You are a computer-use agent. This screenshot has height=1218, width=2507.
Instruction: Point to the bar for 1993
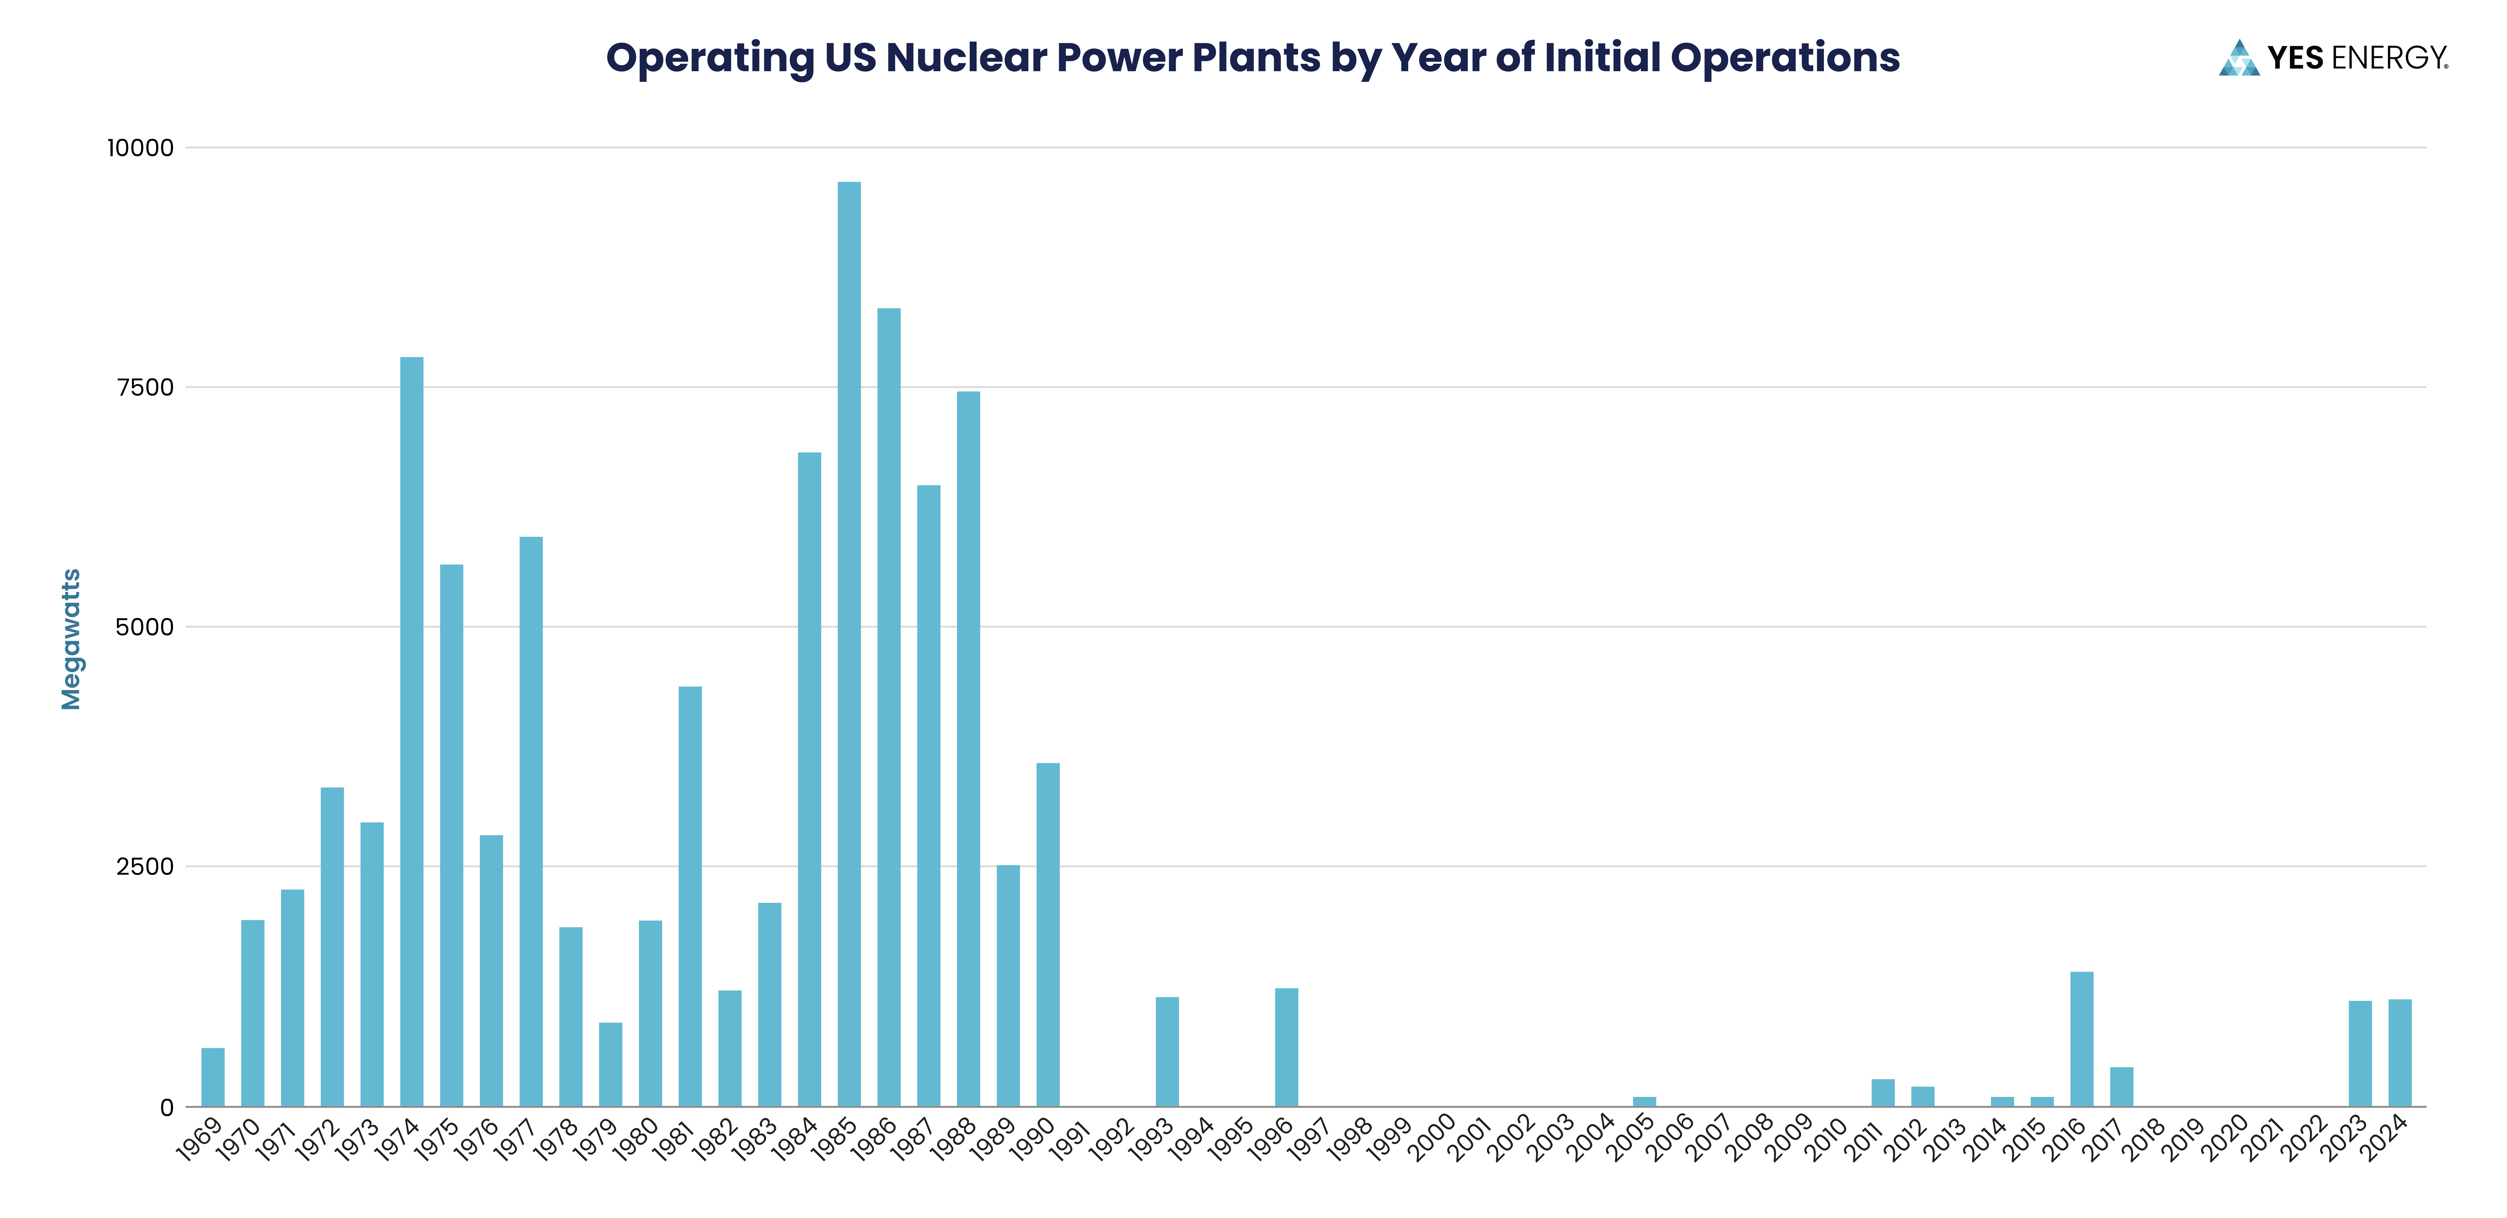(1167, 1052)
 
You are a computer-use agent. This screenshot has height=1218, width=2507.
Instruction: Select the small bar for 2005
(1644, 1101)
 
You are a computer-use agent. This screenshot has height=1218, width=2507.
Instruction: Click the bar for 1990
(1048, 934)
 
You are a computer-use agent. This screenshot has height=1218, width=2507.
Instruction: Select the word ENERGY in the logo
(2389, 58)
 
